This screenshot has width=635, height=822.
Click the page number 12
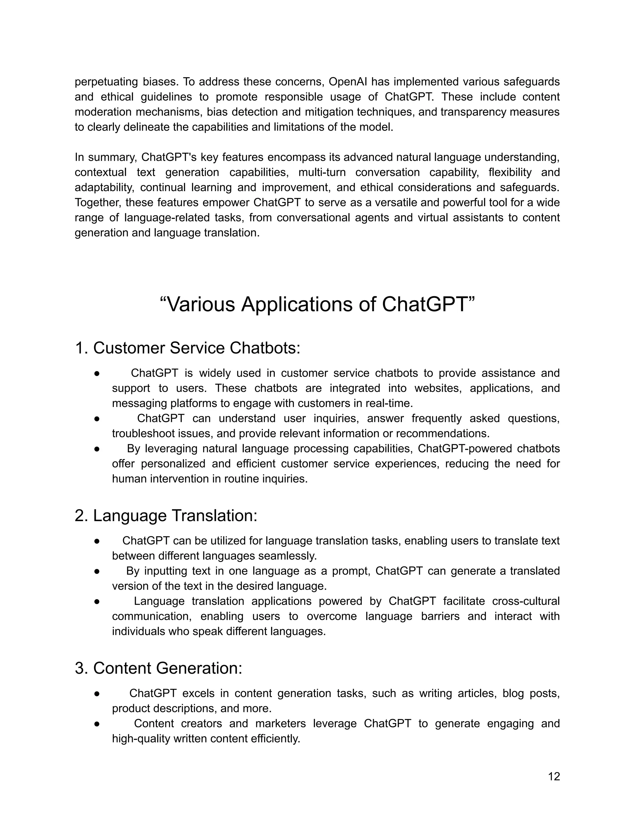(554, 776)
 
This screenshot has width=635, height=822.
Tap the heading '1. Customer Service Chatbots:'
(187, 348)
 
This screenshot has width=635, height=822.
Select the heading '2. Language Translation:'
(166, 515)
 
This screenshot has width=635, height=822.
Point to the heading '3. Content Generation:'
(158, 668)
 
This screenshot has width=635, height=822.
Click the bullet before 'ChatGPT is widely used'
(97, 373)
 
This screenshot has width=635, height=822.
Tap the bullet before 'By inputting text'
(97, 571)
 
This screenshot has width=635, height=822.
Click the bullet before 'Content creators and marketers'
(97, 724)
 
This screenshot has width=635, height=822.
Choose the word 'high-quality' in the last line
(141, 739)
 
